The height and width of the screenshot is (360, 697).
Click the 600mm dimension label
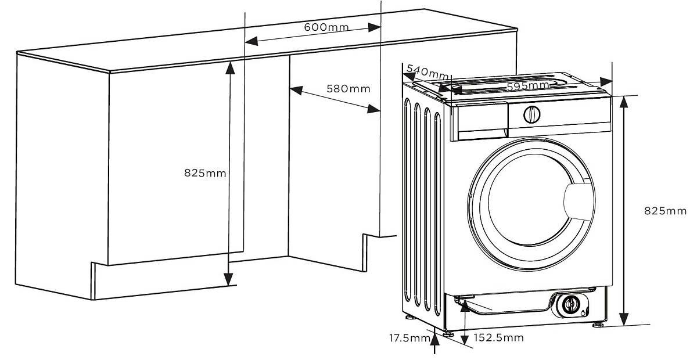pos(326,27)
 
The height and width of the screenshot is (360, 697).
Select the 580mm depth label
pos(348,89)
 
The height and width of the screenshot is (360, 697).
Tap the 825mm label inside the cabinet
pos(205,173)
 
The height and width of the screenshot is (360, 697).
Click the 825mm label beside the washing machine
pos(665,211)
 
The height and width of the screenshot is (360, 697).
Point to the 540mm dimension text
pos(428,71)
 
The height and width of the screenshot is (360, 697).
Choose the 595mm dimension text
pos(528,86)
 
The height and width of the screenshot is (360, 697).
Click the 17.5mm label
pos(409,338)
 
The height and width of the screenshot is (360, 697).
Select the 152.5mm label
pos(498,337)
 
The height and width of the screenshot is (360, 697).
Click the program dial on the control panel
pos(531,114)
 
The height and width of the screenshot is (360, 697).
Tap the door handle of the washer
pos(578,201)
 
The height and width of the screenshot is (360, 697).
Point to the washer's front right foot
pos(598,325)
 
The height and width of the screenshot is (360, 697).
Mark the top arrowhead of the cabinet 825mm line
pos(230,68)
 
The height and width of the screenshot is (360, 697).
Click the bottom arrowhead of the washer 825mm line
pos(623,319)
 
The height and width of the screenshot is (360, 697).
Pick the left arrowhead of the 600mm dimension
pos(252,41)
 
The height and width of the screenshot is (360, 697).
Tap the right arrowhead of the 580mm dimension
pos(373,109)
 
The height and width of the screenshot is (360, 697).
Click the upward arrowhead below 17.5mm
pos(434,339)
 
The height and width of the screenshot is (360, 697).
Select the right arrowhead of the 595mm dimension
pos(606,82)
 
